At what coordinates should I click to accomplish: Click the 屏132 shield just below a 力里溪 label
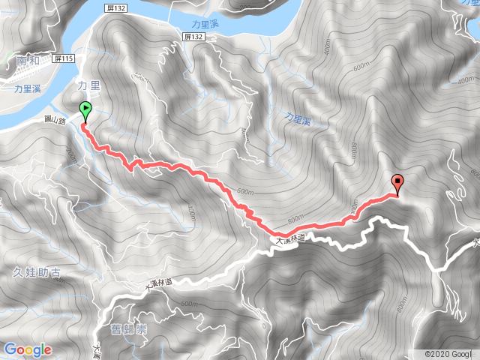pos(193,36)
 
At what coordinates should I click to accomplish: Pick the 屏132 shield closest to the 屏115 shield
pos(115,7)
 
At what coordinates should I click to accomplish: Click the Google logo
pos(28,349)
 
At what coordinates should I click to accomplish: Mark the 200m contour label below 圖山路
pos(72,155)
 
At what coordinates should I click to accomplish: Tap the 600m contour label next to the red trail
pos(244,192)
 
